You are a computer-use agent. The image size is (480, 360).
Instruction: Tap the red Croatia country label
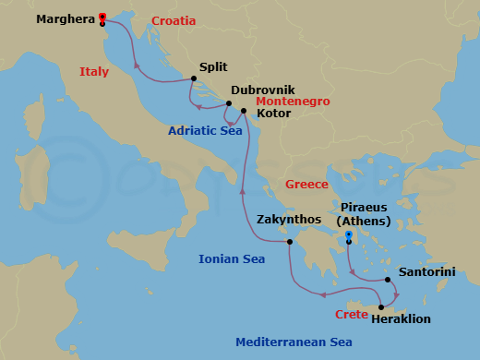(173, 19)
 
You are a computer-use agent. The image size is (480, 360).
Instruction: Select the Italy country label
(94, 71)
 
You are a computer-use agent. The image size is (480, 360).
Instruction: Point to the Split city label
(213, 67)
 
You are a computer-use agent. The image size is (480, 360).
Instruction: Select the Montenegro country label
(293, 101)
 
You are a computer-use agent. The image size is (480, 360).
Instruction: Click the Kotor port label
(273, 114)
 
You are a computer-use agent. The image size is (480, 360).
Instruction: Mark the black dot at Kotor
(244, 112)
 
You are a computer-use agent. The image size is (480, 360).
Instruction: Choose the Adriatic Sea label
(205, 131)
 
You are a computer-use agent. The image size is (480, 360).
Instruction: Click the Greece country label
(306, 185)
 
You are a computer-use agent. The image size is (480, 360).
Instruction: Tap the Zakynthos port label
(290, 220)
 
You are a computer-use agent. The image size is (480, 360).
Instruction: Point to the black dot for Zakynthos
(289, 242)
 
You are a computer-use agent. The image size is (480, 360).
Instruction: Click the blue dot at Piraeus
(348, 235)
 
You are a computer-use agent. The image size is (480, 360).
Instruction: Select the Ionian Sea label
(232, 259)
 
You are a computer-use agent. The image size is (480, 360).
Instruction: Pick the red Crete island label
(351, 315)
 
